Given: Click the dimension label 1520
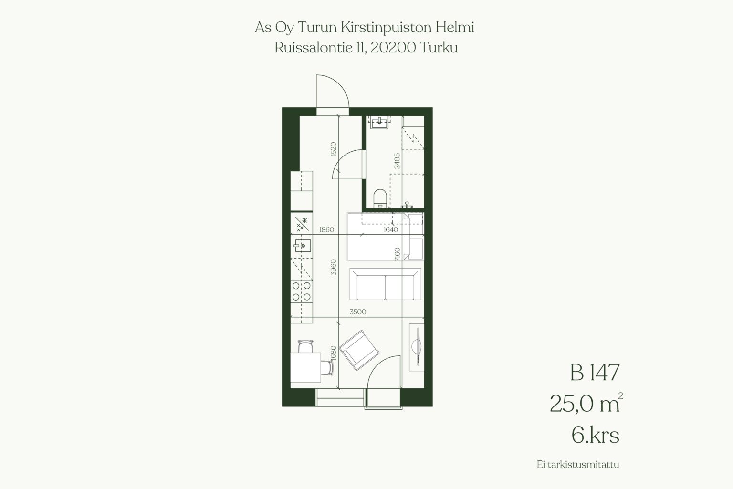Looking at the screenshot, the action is point(333,149).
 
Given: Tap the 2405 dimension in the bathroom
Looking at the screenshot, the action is point(397,161).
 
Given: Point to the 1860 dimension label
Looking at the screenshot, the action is point(326,229).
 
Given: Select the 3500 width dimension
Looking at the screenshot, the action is point(357,312).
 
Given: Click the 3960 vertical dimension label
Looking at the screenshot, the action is point(333,267).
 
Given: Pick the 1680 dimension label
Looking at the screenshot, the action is point(333,353).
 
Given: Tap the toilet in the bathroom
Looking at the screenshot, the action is point(380,198).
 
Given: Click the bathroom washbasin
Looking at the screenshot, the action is point(379,122).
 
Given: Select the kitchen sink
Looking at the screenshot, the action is point(302,245).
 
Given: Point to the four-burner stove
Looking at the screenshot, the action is point(302,291).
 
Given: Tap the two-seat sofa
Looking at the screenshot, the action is point(386,284).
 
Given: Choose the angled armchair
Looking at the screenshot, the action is point(359,350).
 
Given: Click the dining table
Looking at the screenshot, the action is point(305,367).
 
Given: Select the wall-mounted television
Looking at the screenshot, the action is point(417,347).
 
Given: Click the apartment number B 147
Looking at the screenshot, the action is point(595,373).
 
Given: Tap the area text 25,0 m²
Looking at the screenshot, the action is point(586,403).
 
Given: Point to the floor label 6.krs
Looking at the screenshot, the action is point(596,435).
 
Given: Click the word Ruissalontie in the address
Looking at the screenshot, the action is point(313,48).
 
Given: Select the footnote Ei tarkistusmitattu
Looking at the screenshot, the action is point(578,465).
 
